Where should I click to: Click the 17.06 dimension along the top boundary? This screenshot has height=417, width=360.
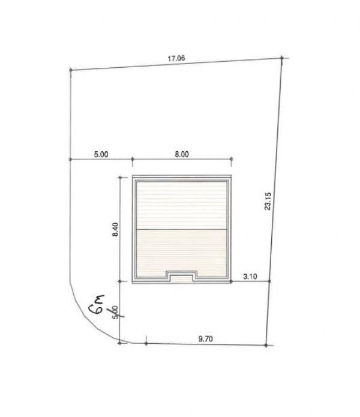(x=176, y=59)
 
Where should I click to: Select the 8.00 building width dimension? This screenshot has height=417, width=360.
(x=181, y=154)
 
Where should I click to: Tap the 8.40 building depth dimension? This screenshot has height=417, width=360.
(x=116, y=229)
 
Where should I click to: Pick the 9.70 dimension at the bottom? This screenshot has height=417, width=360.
(x=205, y=339)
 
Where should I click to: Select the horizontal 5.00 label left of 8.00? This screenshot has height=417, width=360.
(x=101, y=154)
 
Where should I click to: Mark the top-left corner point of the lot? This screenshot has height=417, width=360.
(x=71, y=71)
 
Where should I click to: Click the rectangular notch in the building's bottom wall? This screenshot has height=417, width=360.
(x=181, y=277)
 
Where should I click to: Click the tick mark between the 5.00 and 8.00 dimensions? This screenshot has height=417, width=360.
(x=131, y=160)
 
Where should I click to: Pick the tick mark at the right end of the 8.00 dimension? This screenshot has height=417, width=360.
(x=231, y=160)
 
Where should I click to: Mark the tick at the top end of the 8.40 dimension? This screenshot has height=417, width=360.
(x=121, y=177)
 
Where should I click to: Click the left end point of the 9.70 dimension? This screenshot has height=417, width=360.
(x=146, y=344)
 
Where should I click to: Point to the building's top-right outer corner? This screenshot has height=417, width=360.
(x=230, y=176)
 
